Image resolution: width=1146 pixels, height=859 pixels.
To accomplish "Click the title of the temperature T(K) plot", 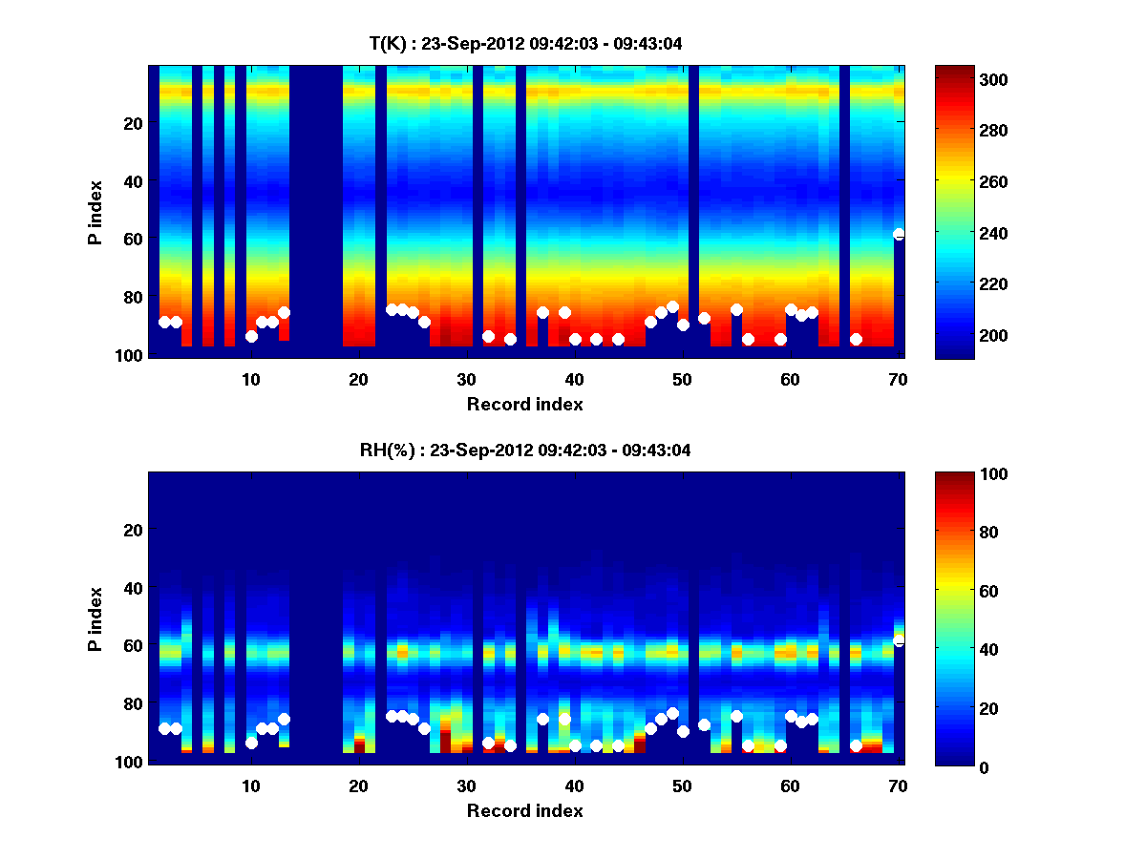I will click(525, 43).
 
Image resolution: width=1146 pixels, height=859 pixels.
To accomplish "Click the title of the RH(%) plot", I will click(525, 450).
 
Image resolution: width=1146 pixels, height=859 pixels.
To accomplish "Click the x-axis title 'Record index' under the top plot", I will click(525, 404).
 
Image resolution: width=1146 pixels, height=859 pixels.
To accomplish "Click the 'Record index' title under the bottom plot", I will click(525, 810).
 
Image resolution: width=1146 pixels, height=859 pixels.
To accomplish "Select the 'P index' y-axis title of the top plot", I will click(95, 212).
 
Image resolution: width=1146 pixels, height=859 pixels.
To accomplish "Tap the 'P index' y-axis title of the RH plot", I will click(95, 618).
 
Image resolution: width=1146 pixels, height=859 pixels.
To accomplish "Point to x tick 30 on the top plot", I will click(466, 379).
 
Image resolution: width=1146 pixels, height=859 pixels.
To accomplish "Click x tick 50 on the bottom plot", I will click(682, 786).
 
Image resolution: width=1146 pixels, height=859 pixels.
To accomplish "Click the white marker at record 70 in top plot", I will click(899, 234).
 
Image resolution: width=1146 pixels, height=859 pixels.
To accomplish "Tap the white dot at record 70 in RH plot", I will click(899, 639).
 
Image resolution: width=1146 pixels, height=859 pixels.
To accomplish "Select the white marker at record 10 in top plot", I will click(251, 336).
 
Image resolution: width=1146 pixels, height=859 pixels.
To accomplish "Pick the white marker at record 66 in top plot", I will click(856, 339).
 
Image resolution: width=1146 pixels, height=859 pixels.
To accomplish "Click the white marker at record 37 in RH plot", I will click(542, 719).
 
